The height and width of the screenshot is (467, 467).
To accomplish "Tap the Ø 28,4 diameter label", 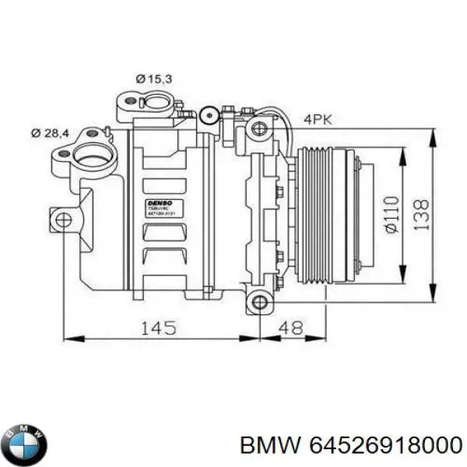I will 51,134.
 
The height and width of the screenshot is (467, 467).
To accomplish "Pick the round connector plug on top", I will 207,117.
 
